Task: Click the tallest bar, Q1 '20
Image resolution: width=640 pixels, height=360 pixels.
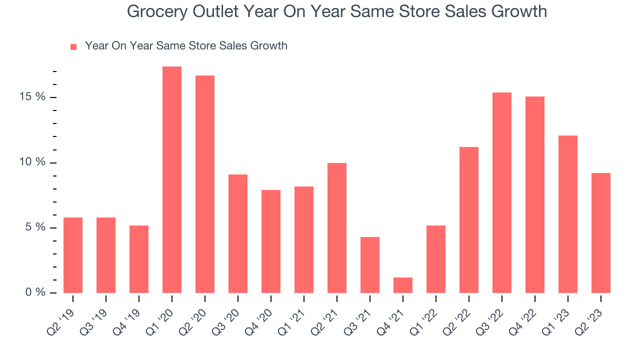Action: click(172, 179)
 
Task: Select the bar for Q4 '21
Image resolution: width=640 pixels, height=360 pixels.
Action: click(403, 285)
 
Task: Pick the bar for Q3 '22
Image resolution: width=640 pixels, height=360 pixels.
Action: click(502, 192)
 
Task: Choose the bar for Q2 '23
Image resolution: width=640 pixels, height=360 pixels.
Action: click(601, 232)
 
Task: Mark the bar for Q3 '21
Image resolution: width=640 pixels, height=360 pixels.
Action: click(370, 265)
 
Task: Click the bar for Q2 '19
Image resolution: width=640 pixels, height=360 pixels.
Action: click(73, 255)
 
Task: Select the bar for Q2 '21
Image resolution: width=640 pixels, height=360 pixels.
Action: click(337, 227)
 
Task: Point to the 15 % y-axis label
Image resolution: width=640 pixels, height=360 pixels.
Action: click(32, 97)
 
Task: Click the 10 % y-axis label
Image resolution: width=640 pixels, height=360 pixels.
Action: click(32, 162)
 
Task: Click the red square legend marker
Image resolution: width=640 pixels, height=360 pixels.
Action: click(73, 47)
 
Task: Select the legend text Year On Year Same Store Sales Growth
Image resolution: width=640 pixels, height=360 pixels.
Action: click(186, 46)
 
